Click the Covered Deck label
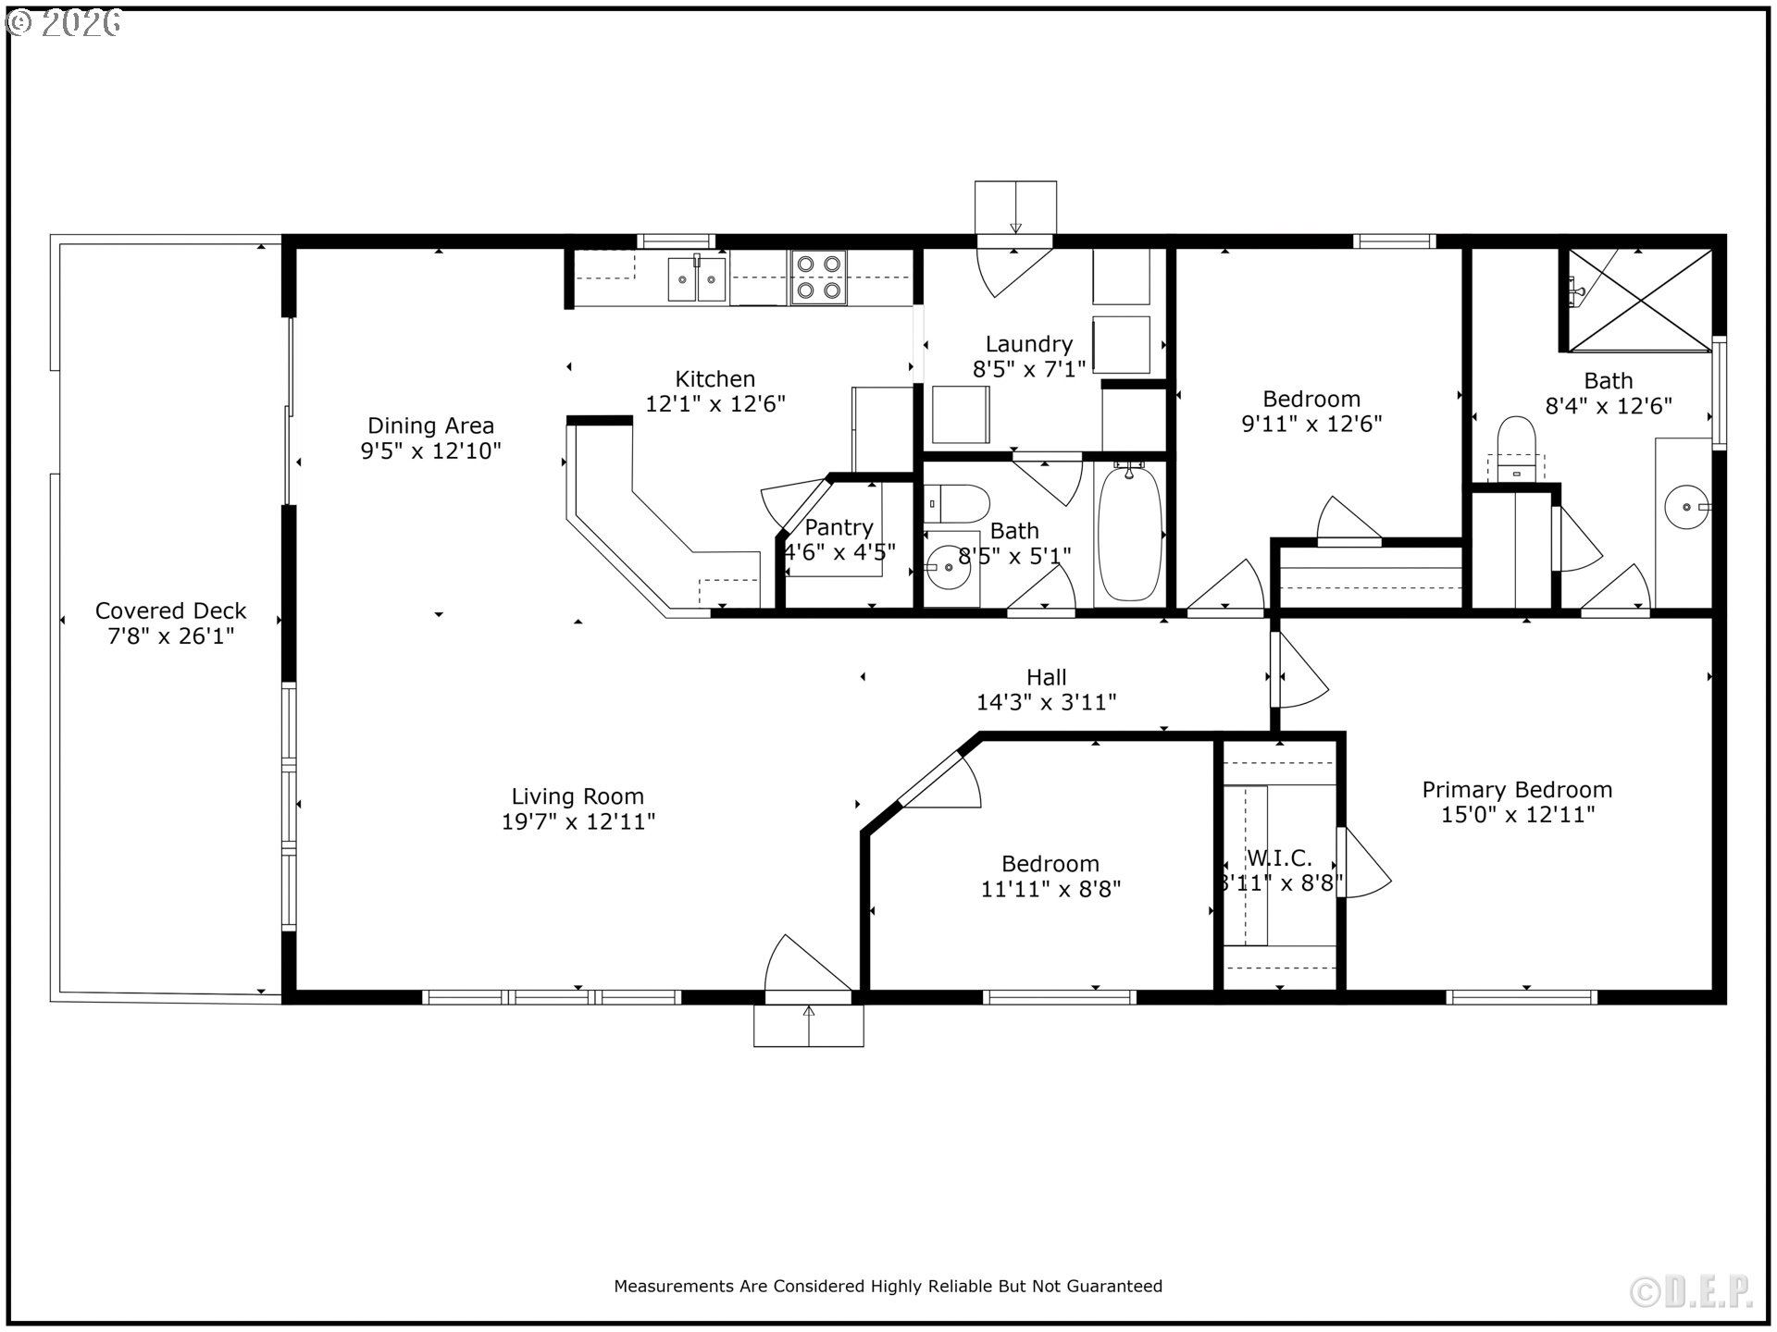pyautogui.click(x=171, y=610)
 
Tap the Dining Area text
pyautogui.click(x=430, y=425)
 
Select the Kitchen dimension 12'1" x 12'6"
pyautogui.click(x=715, y=404)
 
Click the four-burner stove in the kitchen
pyautogui.click(x=819, y=277)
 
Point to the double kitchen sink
pyautogui.click(x=698, y=278)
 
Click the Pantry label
pyautogui.click(x=839, y=527)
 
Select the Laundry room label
pyautogui.click(x=1029, y=344)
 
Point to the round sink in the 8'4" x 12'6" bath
pyautogui.click(x=1686, y=507)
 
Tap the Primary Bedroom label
pyautogui.click(x=1517, y=790)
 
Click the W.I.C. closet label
pyautogui.click(x=1279, y=858)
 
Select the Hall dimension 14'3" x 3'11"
pyautogui.click(x=1047, y=702)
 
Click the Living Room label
pyautogui.click(x=578, y=796)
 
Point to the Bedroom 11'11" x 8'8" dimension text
pyautogui.click(x=1050, y=889)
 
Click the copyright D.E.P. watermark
pyautogui.click(x=1691, y=1292)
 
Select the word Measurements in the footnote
pyautogui.click(x=675, y=1286)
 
